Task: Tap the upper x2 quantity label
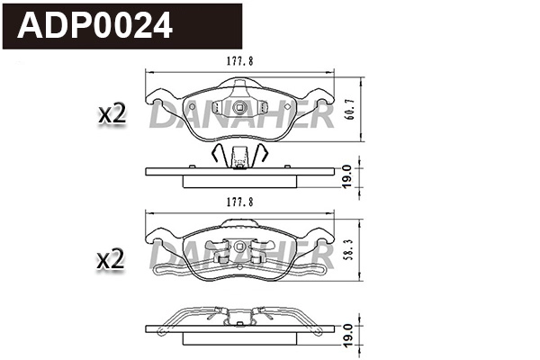click(110, 114)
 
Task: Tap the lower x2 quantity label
click(110, 260)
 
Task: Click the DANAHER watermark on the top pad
click(241, 115)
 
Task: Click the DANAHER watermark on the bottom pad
click(241, 257)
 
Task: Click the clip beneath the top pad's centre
click(240, 157)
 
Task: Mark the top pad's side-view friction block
click(240, 181)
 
